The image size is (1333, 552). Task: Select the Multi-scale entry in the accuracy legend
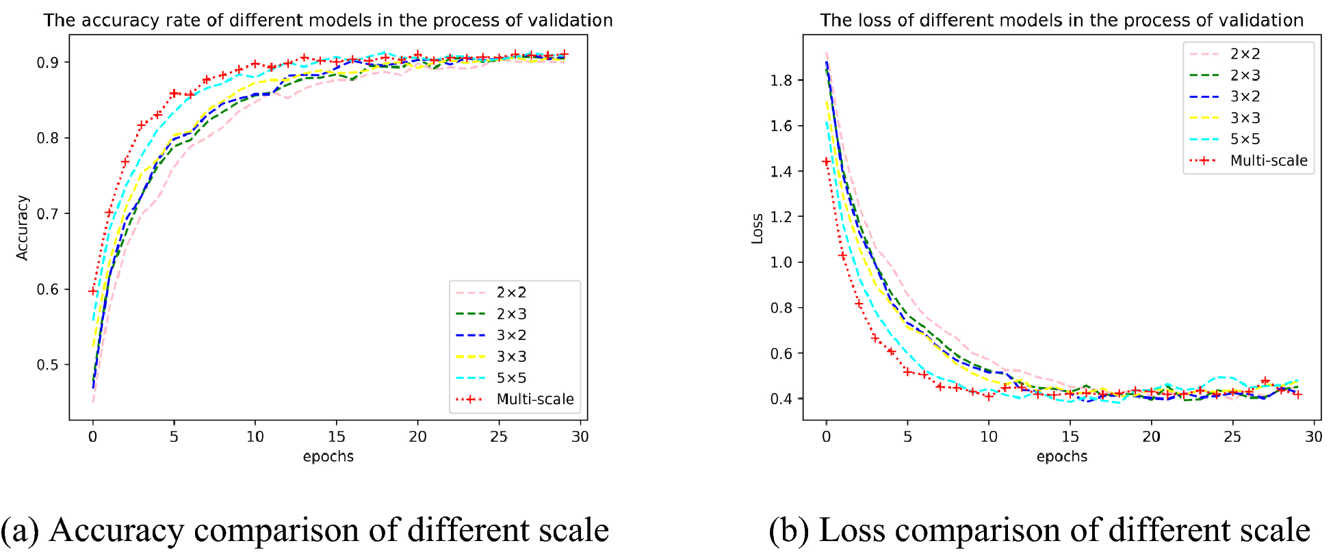534,399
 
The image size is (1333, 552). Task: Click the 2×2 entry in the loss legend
1245,54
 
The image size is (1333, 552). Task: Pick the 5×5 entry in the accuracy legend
511,378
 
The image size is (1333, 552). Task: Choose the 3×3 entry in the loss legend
1245,118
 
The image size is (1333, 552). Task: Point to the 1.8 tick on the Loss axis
781,81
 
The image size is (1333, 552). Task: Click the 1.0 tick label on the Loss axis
781,263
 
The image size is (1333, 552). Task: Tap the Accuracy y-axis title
23,228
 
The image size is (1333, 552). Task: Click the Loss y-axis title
757,228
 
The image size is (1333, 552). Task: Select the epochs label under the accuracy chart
328,456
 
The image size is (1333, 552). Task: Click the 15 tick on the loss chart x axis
1070,436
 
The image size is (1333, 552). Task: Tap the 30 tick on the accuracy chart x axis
580,436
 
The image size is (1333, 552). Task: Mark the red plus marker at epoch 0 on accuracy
93,291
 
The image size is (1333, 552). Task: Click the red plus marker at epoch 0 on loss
827,162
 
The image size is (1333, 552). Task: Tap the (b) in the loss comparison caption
789,530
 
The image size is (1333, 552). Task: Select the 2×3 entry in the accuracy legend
511,314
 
